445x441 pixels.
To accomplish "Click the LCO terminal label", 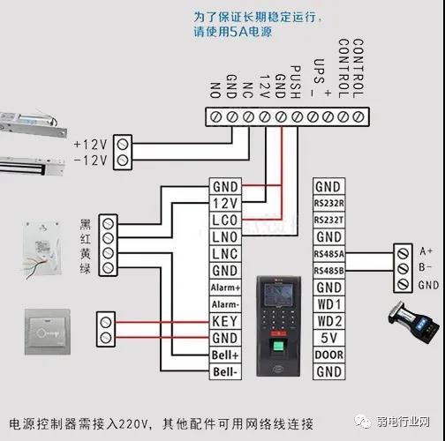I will click(225, 220).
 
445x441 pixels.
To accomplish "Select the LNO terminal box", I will click(225, 236).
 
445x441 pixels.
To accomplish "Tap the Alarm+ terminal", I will click(225, 288).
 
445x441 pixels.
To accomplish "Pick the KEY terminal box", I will click(225, 321).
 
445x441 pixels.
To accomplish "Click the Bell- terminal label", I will click(225, 372).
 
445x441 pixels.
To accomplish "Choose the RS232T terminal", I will click(328, 220).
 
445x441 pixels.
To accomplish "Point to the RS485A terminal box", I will click(328, 254).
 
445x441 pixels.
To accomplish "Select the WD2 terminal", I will click(328, 321).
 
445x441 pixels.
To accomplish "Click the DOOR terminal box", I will click(328, 355).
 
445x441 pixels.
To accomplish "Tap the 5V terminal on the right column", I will click(328, 338).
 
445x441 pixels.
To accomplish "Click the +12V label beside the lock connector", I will click(89, 144).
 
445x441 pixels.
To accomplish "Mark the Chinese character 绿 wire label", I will click(84, 268).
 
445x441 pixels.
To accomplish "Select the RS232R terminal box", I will click(328, 204).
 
